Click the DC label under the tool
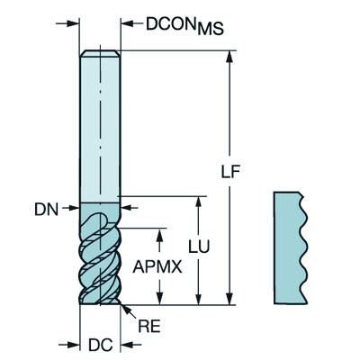click(x=100, y=342)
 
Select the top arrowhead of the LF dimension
click(x=229, y=57)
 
